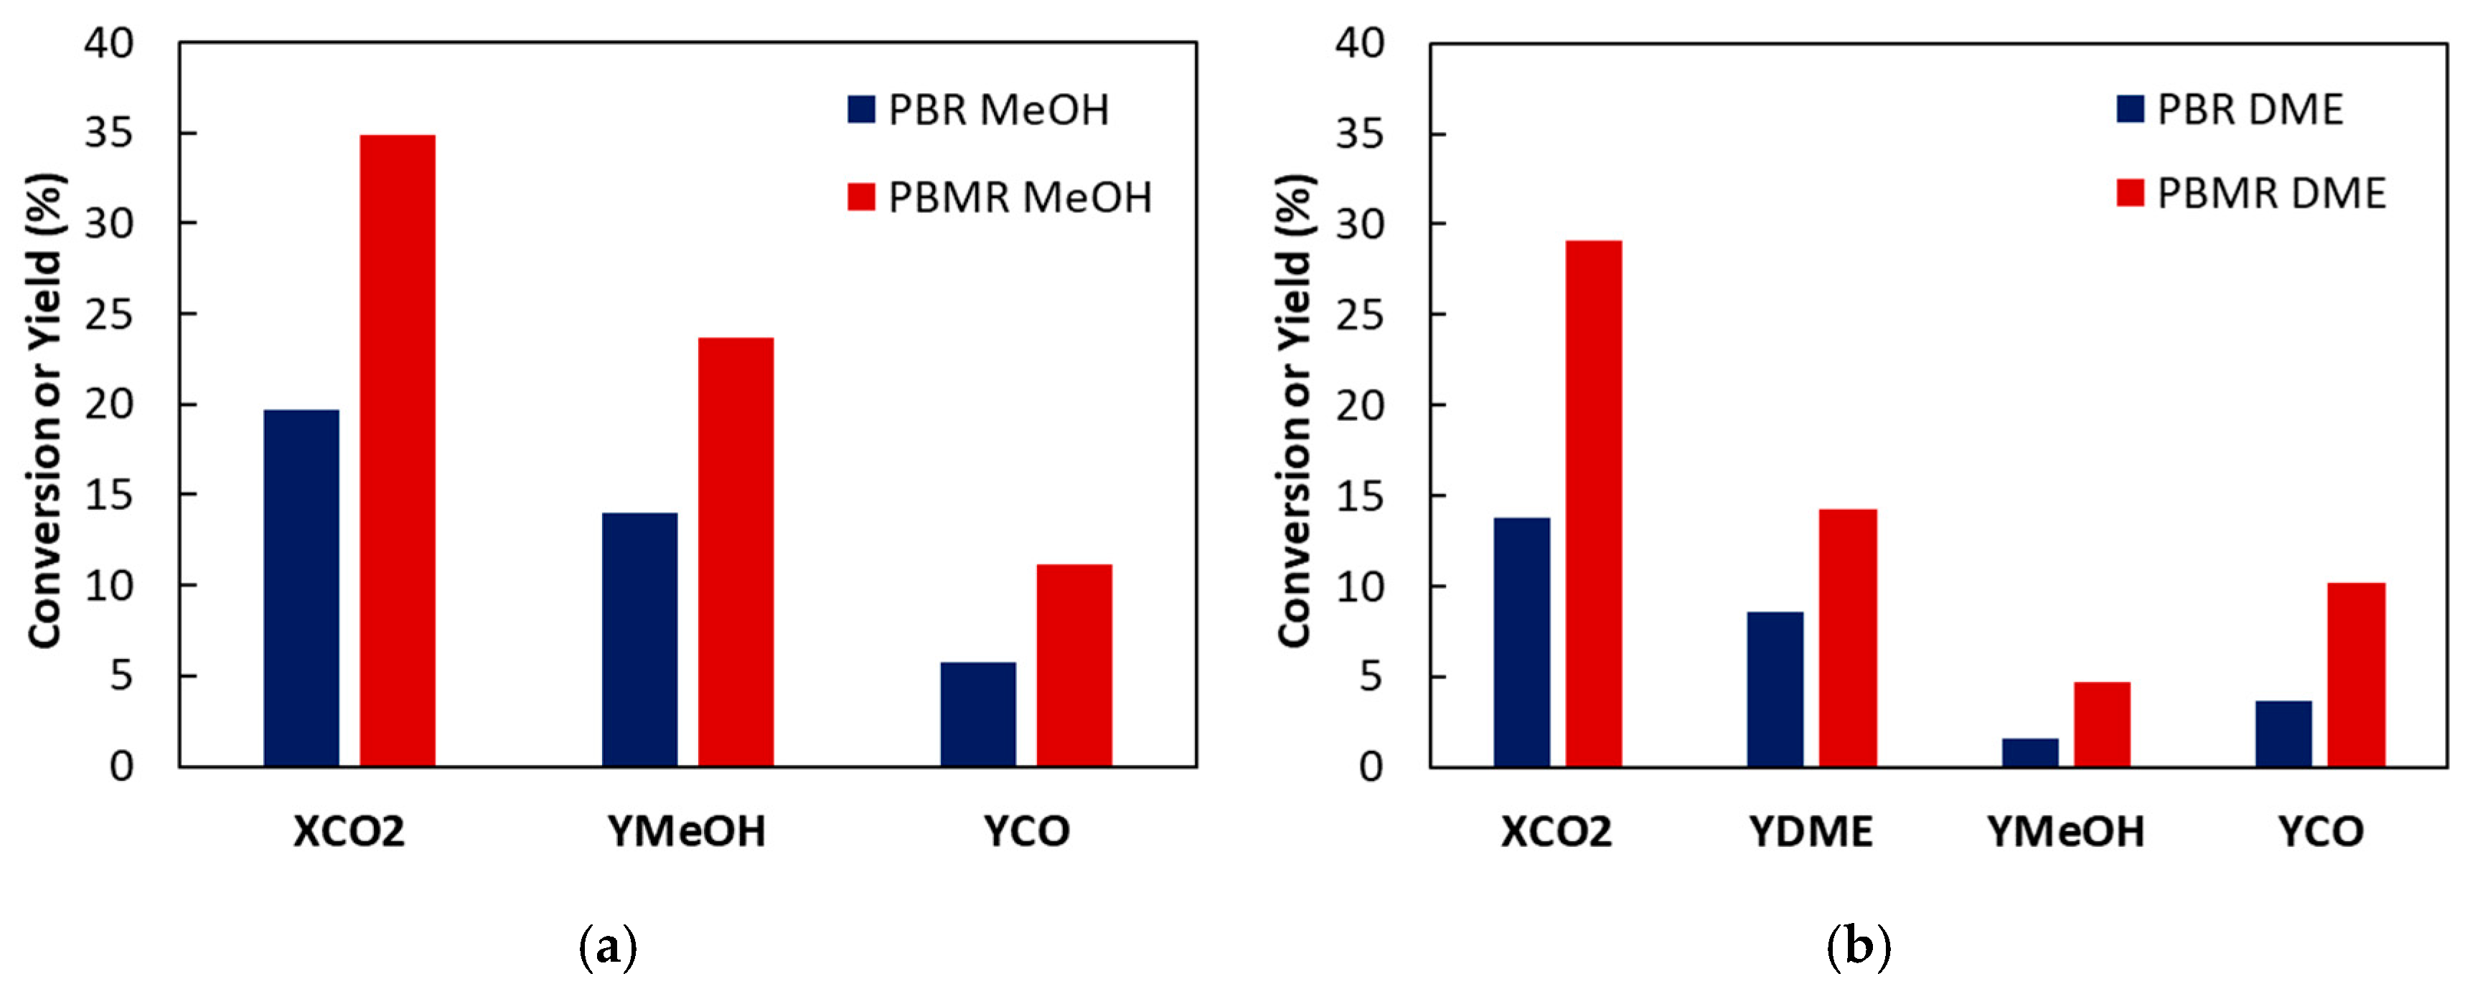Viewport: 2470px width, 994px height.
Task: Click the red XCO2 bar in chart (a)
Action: (397, 450)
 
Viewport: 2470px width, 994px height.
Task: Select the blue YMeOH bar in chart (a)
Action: (639, 639)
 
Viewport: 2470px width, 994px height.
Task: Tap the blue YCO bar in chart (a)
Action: (977, 714)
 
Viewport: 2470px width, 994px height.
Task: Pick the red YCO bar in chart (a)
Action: (1074, 666)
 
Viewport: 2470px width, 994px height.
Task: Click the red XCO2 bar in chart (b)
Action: (1594, 503)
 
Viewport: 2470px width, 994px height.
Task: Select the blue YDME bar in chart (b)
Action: (1775, 689)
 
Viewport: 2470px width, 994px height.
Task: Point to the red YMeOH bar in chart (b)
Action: (2102, 724)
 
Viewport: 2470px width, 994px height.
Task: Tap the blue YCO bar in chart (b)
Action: (2283, 733)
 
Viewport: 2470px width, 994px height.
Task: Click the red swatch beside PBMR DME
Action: (2130, 193)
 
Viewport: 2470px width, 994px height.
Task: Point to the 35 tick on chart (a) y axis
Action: (108, 133)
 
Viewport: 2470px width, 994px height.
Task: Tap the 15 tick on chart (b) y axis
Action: (1360, 496)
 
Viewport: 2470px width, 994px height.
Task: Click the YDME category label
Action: (1811, 831)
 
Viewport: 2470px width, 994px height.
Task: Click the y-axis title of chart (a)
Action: (45, 410)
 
